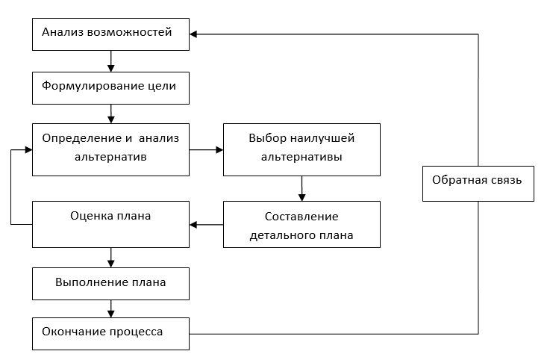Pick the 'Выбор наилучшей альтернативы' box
point(301,149)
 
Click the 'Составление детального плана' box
point(301,225)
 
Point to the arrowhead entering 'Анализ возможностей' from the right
point(194,34)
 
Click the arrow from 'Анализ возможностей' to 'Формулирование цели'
point(110,60)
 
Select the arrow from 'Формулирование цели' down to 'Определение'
point(110,114)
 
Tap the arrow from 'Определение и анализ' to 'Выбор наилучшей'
point(207,149)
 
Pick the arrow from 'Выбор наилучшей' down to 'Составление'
point(301,188)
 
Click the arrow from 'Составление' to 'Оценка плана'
point(207,225)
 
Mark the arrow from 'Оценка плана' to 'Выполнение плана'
point(110,257)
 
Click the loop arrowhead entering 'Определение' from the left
point(28,149)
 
